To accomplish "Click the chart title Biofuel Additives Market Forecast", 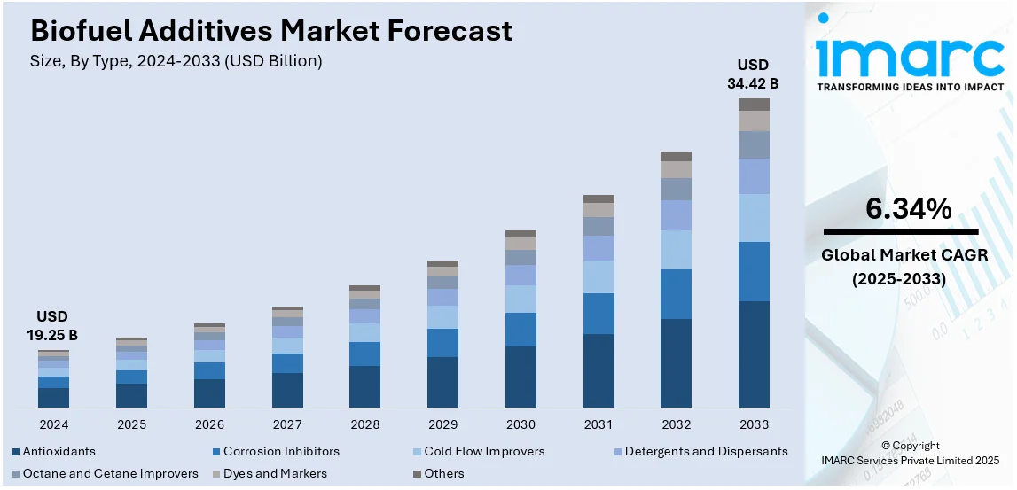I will tap(271, 31).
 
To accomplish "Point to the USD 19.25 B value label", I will tap(52, 326).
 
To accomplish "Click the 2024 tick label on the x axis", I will tap(53, 424).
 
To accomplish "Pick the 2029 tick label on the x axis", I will tap(442, 424).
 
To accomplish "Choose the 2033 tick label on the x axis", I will tap(754, 424).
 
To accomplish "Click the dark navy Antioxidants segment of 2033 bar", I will tap(754, 354).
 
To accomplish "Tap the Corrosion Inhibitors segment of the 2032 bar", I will tap(676, 294).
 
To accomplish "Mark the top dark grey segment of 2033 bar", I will tap(754, 105).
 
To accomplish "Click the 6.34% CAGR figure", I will tap(909, 210).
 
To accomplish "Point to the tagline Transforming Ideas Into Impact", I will tap(910, 87).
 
